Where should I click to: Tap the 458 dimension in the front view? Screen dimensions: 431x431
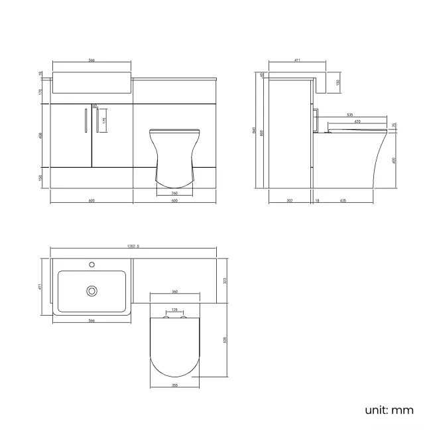point(41,135)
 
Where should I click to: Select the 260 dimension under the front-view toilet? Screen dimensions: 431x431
point(174,193)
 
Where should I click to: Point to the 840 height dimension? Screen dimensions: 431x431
point(254,130)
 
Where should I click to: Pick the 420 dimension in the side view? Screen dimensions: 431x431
point(357,123)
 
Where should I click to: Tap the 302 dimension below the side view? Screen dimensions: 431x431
point(290,200)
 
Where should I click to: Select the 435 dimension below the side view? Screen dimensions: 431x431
point(344,200)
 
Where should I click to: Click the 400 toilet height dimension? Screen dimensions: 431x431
point(395,160)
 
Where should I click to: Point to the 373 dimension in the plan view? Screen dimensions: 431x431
point(225,280)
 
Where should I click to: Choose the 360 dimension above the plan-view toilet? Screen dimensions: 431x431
point(174,292)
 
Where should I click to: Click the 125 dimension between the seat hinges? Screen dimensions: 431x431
point(174,309)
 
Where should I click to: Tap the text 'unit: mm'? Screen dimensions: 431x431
point(389,410)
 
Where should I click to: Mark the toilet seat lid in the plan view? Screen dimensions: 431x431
point(174,348)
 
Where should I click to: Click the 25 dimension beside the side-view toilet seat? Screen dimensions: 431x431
point(394,125)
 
